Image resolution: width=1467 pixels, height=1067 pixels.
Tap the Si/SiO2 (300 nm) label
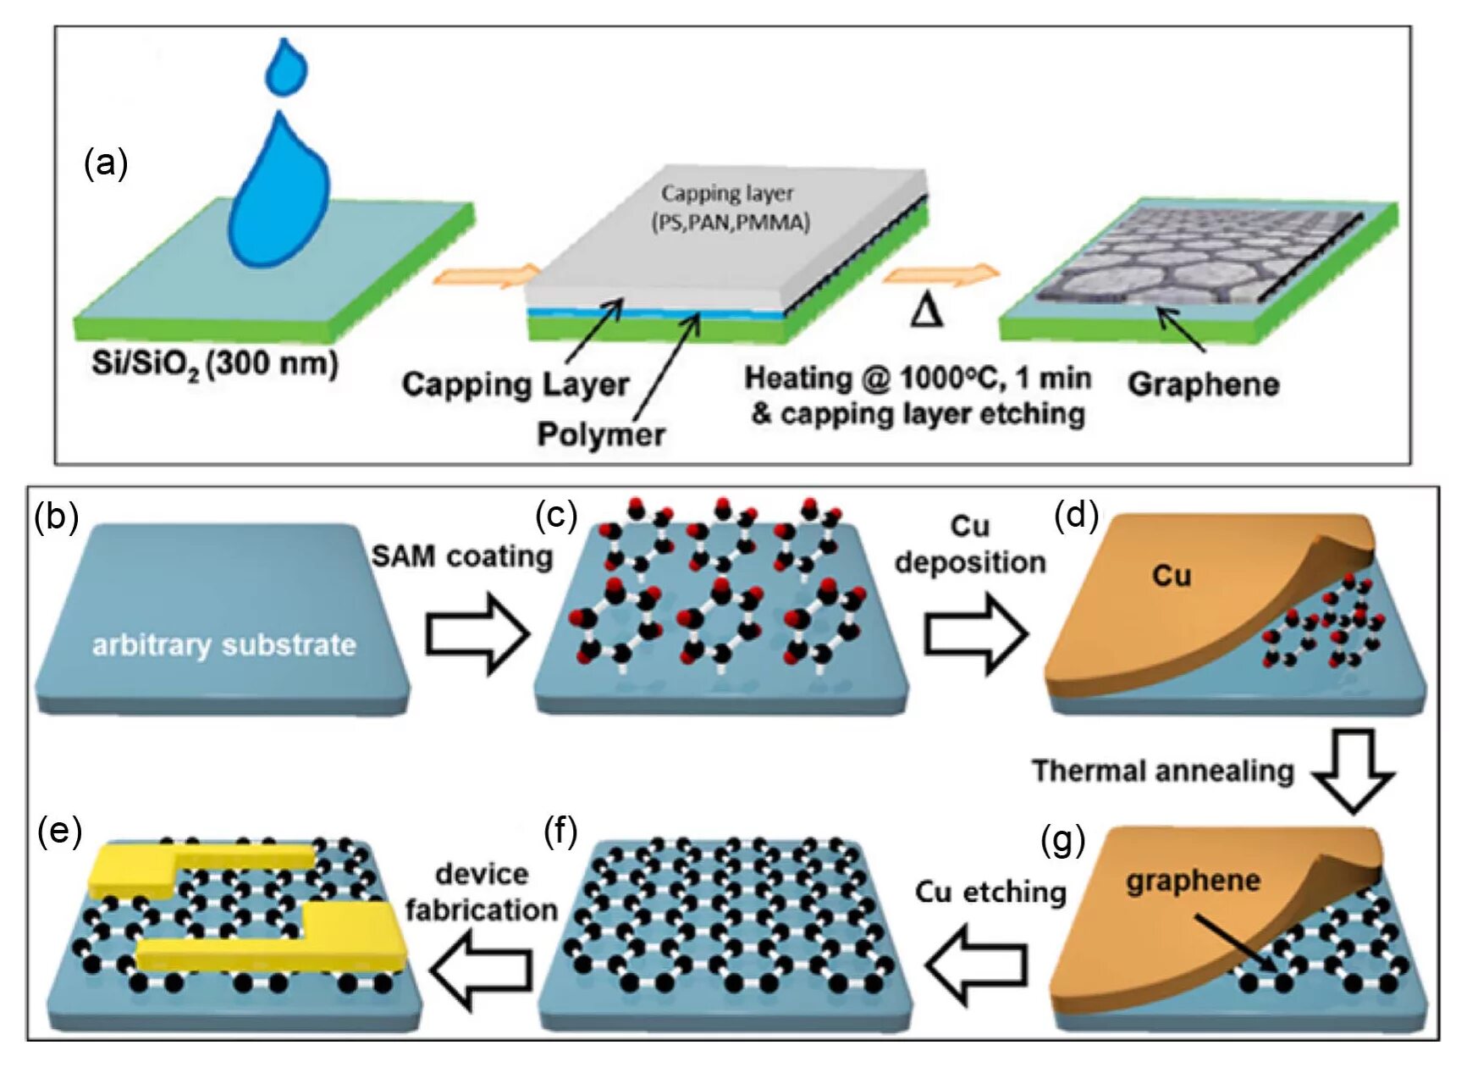(x=215, y=364)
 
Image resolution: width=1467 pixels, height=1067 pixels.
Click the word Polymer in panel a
(x=601, y=434)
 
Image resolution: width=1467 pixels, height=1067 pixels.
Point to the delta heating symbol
(x=927, y=310)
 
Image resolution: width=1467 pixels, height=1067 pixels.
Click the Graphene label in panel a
(x=1203, y=384)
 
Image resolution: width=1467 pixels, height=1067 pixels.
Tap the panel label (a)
(x=106, y=163)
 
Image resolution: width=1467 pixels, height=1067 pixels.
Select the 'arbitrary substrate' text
(x=224, y=645)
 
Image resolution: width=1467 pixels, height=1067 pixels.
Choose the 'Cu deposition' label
(x=970, y=545)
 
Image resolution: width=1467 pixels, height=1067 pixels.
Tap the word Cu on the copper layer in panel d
(x=1172, y=577)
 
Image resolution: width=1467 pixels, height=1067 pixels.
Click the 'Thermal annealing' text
(x=1162, y=771)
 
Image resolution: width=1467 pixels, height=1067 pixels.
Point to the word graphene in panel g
(x=1193, y=881)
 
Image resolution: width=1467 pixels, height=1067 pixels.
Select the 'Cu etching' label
(x=990, y=892)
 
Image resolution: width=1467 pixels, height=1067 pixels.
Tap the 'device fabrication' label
(x=481, y=892)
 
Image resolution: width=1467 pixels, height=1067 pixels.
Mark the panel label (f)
(x=560, y=833)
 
